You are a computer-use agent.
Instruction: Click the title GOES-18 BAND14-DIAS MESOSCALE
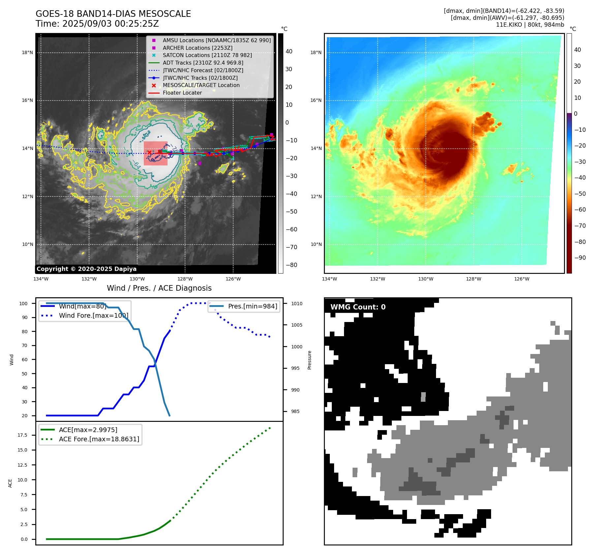pyautogui.click(x=113, y=14)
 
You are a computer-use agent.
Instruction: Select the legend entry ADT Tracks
pyautogui.click(x=203, y=63)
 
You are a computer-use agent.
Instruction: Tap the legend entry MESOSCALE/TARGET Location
pyautogui.click(x=201, y=85)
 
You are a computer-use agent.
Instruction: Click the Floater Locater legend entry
pyautogui.click(x=182, y=93)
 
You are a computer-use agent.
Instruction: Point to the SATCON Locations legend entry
pyautogui.click(x=207, y=55)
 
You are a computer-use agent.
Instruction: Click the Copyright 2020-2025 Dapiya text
pyautogui.click(x=86, y=269)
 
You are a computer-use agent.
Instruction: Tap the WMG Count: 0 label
pyautogui.click(x=358, y=307)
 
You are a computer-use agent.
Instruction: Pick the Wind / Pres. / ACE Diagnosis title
pyautogui.click(x=159, y=288)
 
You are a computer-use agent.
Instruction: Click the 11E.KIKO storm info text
pyautogui.click(x=530, y=25)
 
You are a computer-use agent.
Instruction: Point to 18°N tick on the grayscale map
pyautogui.click(x=27, y=52)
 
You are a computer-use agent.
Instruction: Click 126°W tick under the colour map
pyautogui.click(x=521, y=279)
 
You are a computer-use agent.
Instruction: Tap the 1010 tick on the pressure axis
pyautogui.click(x=297, y=304)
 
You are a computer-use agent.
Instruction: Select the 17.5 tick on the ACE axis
pyautogui.click(x=22, y=435)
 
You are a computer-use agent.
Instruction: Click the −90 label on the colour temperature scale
pyautogui.click(x=580, y=258)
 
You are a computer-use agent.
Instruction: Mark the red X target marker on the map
pyautogui.click(x=149, y=152)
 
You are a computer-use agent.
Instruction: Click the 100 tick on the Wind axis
pyautogui.click(x=23, y=304)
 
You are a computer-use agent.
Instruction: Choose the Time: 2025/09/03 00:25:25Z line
pyautogui.click(x=97, y=24)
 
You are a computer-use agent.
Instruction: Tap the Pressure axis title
pyautogui.click(x=309, y=360)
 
